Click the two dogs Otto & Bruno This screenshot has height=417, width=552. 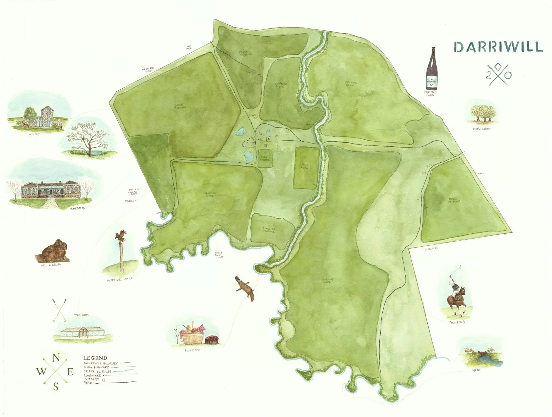(52, 250)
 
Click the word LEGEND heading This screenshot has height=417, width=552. (95, 358)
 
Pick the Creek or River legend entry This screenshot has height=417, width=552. (98, 372)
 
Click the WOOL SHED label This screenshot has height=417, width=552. (431, 248)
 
